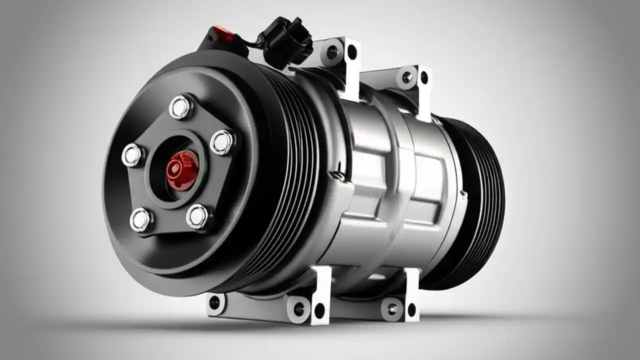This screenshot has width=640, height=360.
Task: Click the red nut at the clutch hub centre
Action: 182,170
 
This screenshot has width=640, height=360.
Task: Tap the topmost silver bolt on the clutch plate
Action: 179,107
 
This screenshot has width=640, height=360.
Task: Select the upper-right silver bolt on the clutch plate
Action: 222,142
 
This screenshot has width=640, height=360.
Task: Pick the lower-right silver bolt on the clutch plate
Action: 198,216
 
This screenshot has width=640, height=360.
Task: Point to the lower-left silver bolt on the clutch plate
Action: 141,219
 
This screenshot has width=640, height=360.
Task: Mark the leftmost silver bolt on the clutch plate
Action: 132,155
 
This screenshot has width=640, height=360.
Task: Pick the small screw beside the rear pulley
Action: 464,193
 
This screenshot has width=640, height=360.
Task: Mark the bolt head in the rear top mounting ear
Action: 407,77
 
